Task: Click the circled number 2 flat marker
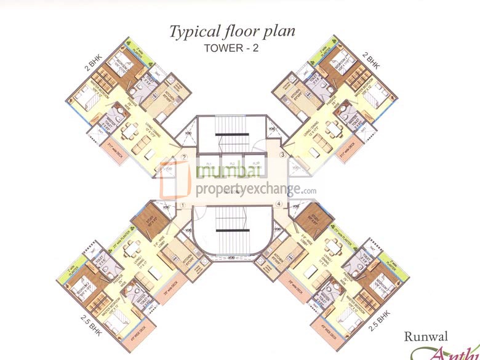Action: [x=184, y=156]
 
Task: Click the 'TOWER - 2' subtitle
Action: [x=233, y=49]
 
